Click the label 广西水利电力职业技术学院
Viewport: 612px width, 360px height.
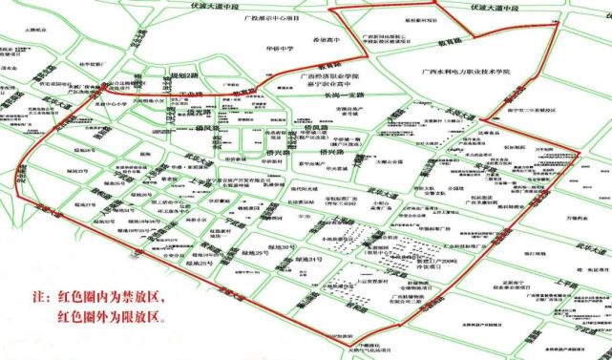coord(470,71)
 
